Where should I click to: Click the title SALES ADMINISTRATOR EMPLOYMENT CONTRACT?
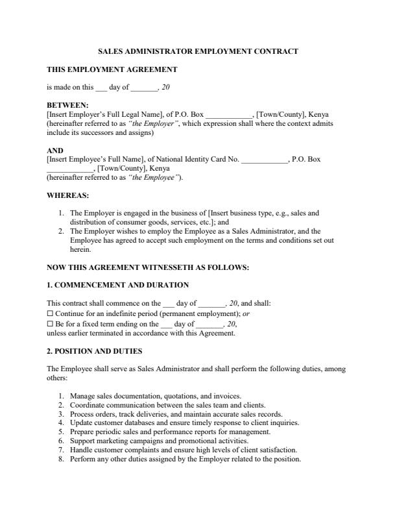point(198,51)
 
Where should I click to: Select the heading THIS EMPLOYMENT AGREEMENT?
point(112,69)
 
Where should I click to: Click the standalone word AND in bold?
point(55,151)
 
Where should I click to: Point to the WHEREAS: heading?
point(68,195)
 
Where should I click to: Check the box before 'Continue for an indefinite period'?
point(51,313)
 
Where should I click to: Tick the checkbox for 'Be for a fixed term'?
point(51,323)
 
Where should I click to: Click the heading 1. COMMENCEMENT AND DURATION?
point(118,285)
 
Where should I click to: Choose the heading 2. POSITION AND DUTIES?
point(95,351)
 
